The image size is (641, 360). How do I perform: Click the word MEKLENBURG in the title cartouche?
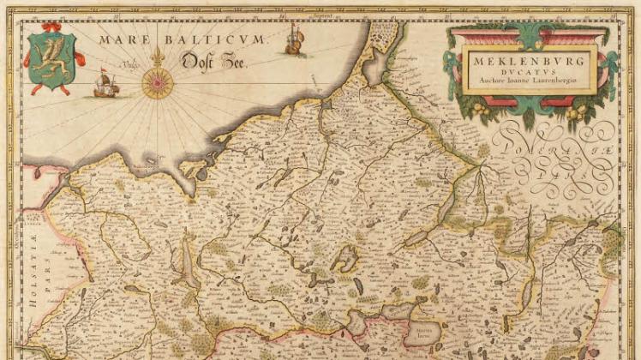click(530, 63)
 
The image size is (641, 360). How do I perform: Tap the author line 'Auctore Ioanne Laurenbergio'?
click(529, 84)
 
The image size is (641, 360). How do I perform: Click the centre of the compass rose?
click(158, 82)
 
